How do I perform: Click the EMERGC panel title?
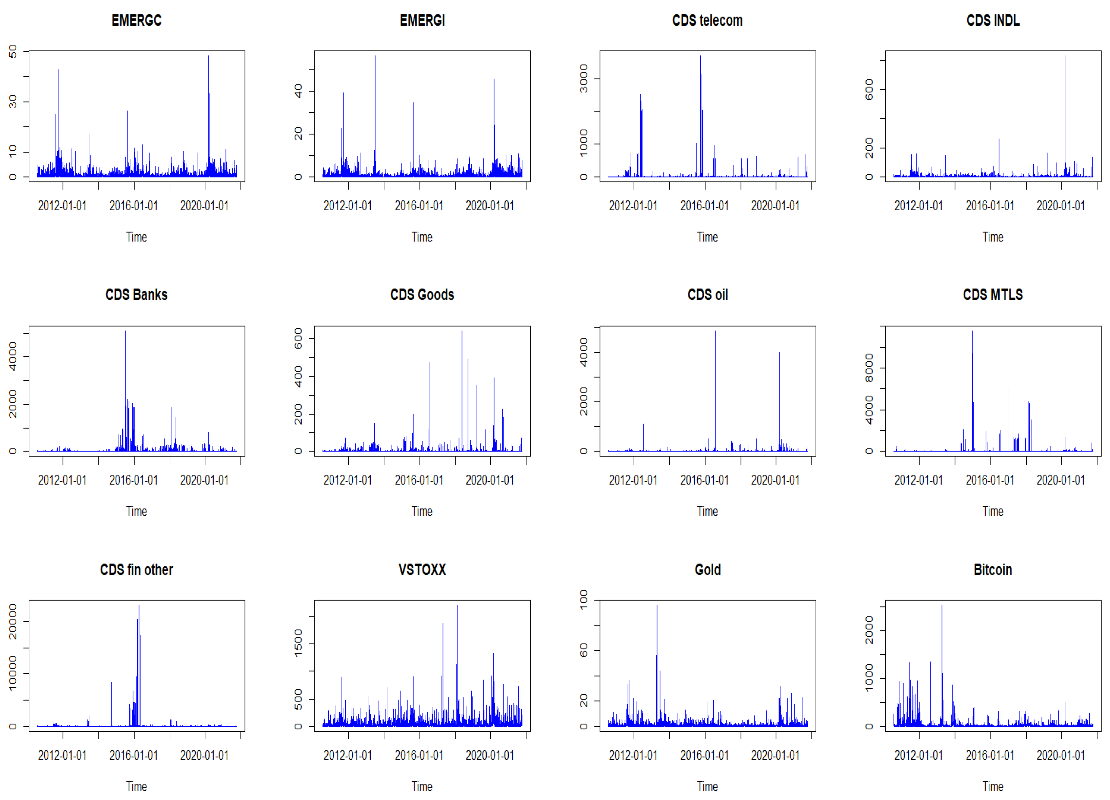click(136, 21)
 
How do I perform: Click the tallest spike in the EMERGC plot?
click(209, 57)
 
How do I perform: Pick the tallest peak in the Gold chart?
click(657, 607)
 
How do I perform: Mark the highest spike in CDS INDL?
click(1064, 57)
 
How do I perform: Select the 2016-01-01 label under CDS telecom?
click(704, 206)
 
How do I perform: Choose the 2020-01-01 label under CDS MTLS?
click(1060, 480)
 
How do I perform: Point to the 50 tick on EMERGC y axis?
click(12, 51)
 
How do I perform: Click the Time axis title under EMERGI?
click(422, 237)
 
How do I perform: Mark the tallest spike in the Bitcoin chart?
click(942, 607)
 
